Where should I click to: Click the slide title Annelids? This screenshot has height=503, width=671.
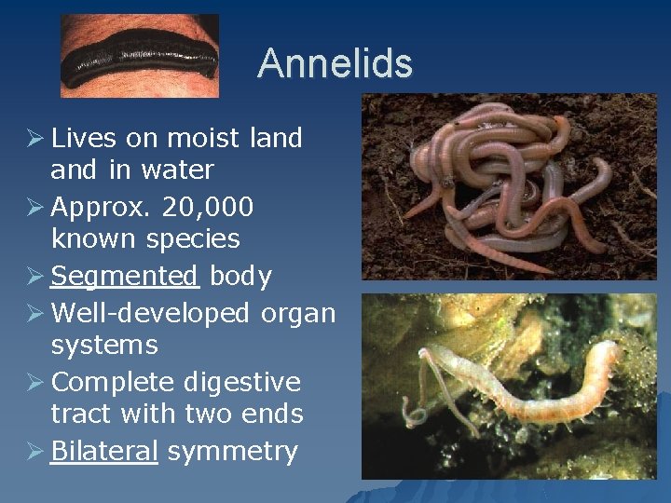335,63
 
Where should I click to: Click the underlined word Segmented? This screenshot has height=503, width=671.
125,277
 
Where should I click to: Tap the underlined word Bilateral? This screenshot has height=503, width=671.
104,452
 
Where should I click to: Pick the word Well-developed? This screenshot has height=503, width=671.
150,313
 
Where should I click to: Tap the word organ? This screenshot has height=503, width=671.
297,314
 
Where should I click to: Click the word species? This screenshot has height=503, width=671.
193,239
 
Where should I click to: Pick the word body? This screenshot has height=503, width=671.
240,277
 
